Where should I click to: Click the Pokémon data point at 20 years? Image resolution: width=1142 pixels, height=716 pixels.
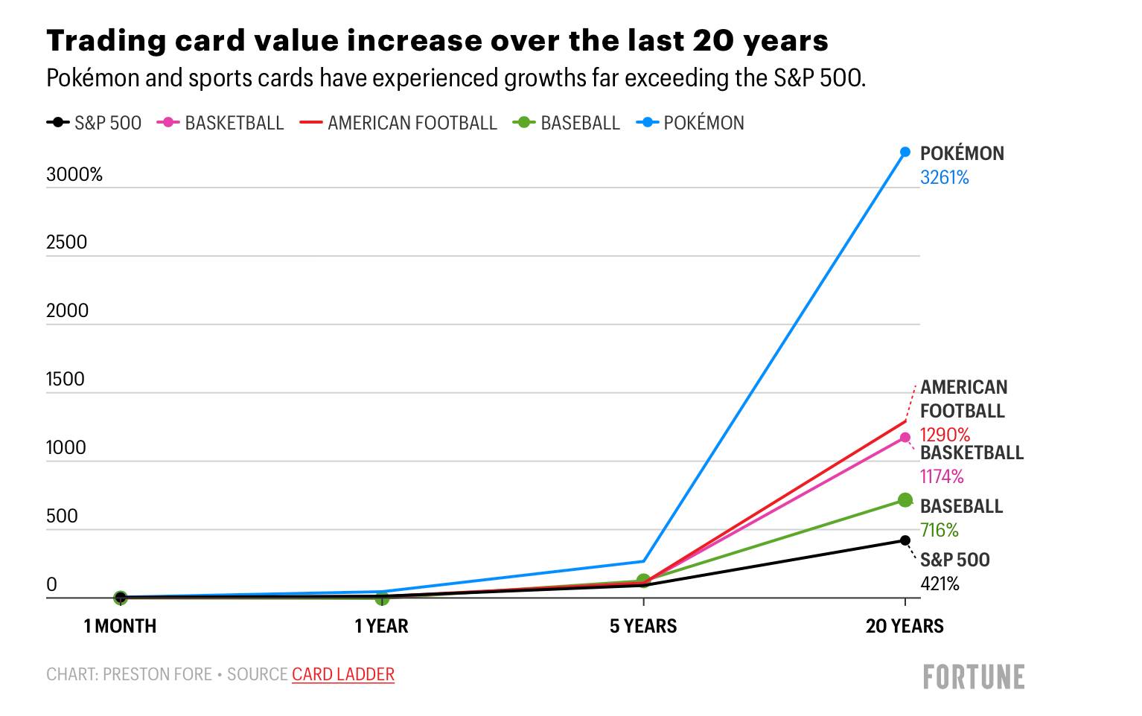coord(905,152)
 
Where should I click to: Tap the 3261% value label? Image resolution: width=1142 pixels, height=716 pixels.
coord(944,177)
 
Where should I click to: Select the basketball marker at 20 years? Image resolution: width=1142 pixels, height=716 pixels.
coord(905,437)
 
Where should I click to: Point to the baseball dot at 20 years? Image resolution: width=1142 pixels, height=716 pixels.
coord(905,500)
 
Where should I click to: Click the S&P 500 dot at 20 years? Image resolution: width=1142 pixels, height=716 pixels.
coord(905,540)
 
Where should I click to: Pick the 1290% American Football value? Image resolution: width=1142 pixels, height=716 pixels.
coord(945,435)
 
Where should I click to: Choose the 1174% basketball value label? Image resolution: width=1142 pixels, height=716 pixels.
coord(942,476)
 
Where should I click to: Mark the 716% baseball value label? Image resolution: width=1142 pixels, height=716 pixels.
coord(939,530)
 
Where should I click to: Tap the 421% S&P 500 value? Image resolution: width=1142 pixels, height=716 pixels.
coord(940,584)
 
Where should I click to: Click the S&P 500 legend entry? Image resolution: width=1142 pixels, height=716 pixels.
coord(94,123)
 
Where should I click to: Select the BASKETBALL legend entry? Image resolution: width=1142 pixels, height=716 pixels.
coord(220,123)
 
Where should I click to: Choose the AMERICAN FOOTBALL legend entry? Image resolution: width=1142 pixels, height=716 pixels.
coord(398,123)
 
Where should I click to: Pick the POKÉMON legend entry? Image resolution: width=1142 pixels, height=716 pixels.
coord(690,123)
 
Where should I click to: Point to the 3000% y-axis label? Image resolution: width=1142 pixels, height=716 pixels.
coord(74,174)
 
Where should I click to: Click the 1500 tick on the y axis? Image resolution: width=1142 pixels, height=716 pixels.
coord(66,379)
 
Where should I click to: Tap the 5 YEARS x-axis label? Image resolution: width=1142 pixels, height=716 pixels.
coord(643,626)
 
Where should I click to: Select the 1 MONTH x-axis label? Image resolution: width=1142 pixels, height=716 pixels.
coord(120,626)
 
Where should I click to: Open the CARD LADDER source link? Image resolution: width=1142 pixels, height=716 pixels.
coord(343,674)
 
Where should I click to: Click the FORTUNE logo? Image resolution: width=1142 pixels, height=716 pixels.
coord(974,677)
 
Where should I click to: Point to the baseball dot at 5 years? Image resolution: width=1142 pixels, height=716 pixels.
coord(643,581)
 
